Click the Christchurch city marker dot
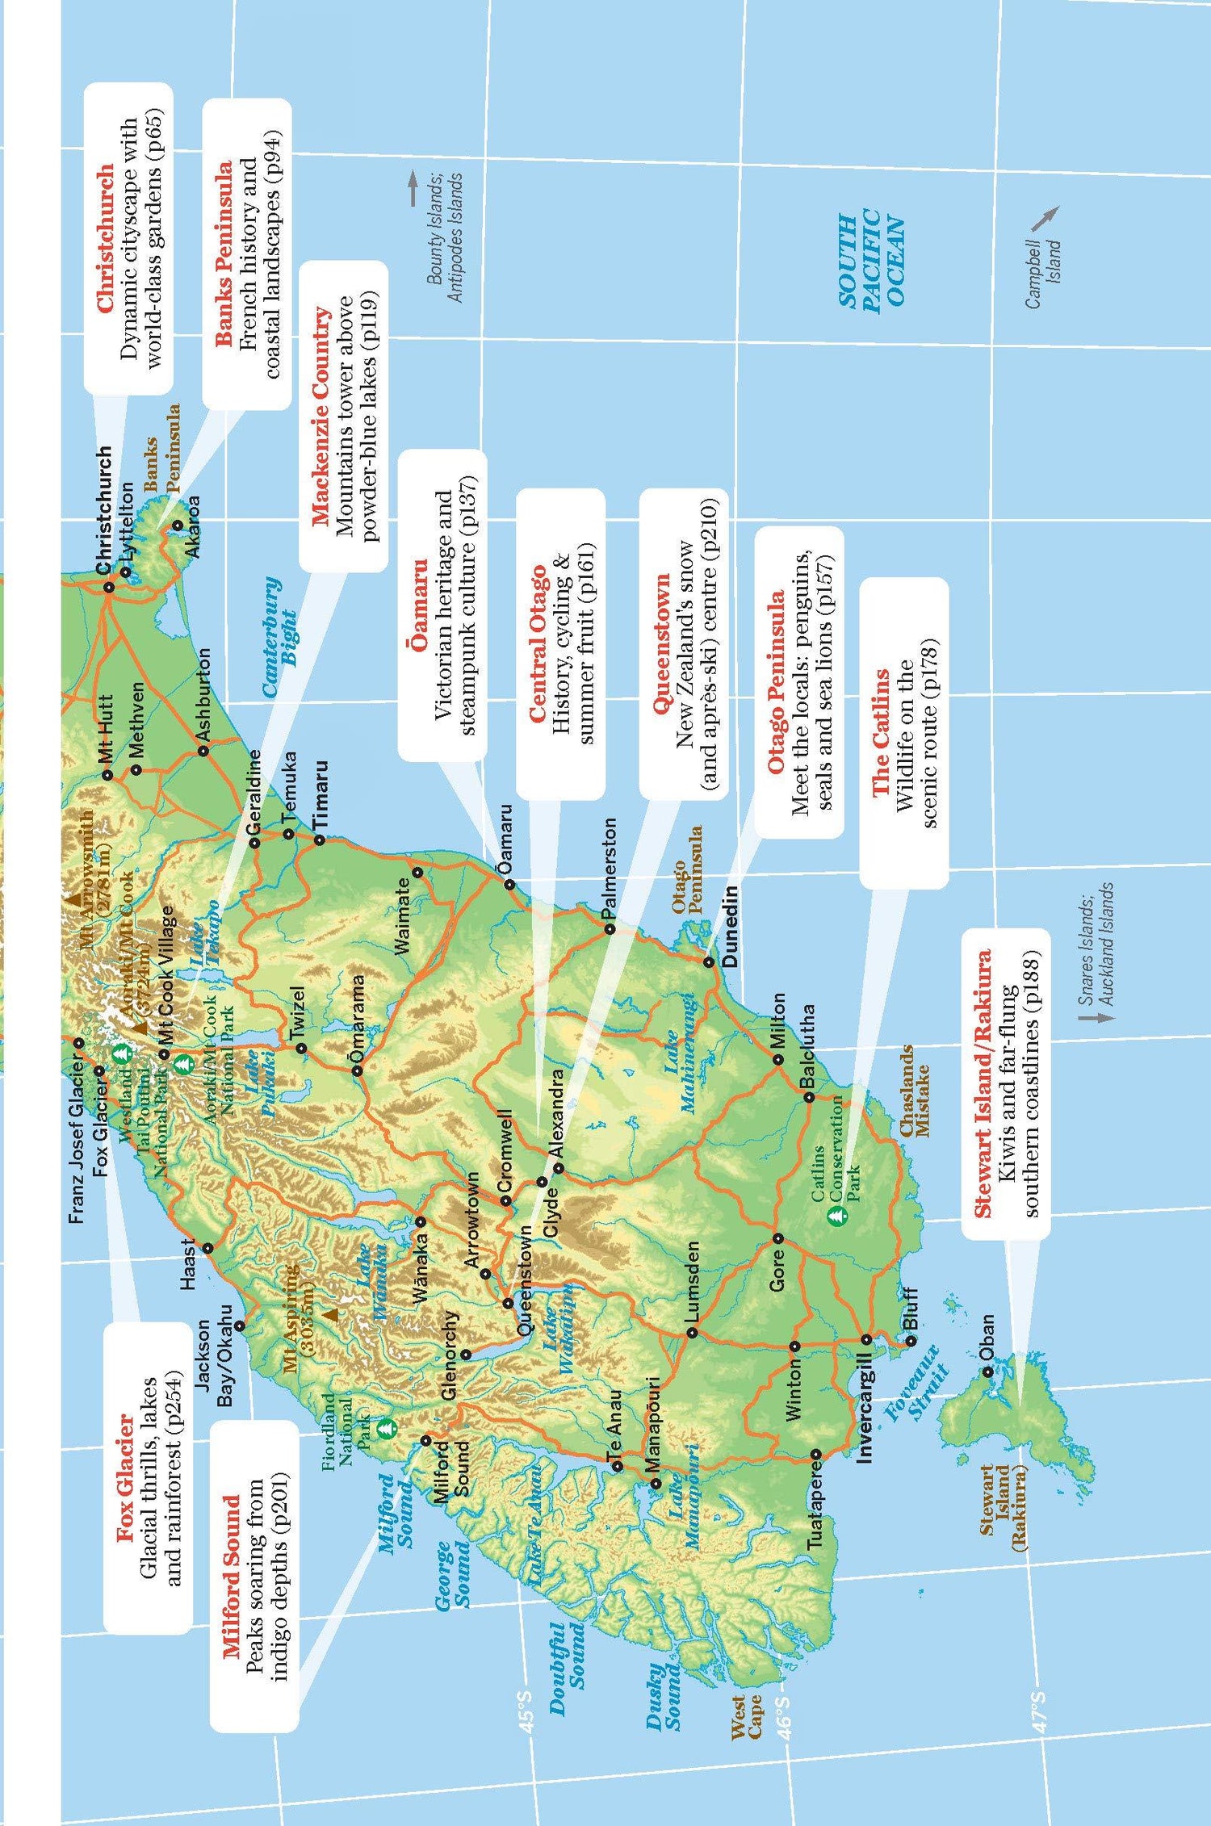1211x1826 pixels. click(109, 587)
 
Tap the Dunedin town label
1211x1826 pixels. click(730, 926)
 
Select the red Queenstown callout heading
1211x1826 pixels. click(662, 643)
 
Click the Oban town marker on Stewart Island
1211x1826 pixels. click(987, 1372)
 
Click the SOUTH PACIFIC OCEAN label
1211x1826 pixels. click(871, 259)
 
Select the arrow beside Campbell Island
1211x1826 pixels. click(1046, 217)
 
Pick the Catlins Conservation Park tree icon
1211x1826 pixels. click(839, 1214)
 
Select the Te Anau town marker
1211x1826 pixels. click(618, 1466)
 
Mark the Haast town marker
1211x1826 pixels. click(207, 1248)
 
